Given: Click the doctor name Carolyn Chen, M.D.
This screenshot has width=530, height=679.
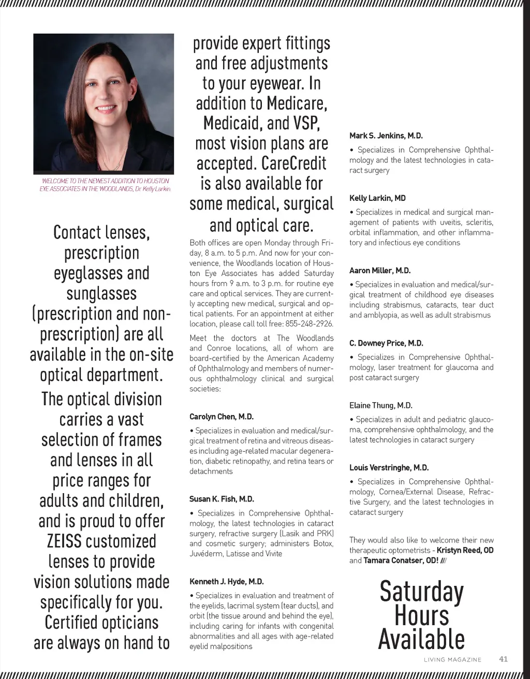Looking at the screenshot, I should pyautogui.click(x=222, y=417).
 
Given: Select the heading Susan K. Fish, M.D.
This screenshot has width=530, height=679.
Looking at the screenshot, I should pyautogui.click(x=222, y=499).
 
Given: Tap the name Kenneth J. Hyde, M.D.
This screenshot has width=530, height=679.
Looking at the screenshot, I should pyautogui.click(x=227, y=582).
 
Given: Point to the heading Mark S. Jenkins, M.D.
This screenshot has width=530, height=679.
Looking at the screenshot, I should pyautogui.click(x=386, y=136).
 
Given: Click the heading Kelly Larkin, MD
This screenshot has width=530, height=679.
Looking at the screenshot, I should pyautogui.click(x=377, y=198).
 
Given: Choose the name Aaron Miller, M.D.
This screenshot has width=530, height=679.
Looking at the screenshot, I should pyautogui.click(x=380, y=271).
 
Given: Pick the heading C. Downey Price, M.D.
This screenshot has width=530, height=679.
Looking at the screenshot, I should pyautogui.click(x=386, y=343).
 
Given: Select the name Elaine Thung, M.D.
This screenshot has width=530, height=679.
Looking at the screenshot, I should pyautogui.click(x=380, y=406).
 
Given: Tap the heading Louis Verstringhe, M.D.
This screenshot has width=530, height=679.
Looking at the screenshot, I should pyautogui.click(x=389, y=468).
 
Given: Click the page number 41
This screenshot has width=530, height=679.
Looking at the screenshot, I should pyautogui.click(x=503, y=659).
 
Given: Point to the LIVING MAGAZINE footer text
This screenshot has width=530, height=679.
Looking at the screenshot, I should pyautogui.click(x=452, y=660).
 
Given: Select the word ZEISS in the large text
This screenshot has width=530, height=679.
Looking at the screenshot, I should pyautogui.click(x=64, y=541).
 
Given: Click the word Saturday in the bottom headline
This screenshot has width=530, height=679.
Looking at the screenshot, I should pyautogui.click(x=421, y=592).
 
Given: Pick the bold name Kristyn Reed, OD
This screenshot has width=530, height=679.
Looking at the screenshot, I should pyautogui.click(x=465, y=550).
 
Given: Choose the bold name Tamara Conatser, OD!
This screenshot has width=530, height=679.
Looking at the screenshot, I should pyautogui.click(x=401, y=560).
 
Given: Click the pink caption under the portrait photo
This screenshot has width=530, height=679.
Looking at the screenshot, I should pyautogui.click(x=105, y=185).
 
